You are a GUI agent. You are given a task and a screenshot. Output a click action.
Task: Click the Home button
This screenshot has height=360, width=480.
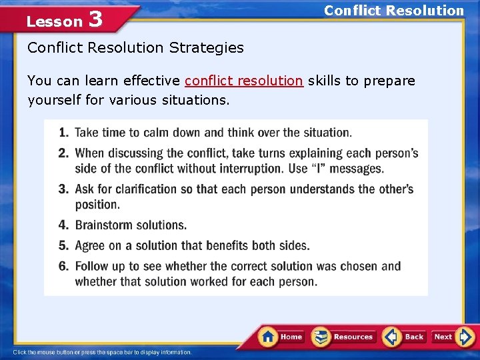click(282, 337)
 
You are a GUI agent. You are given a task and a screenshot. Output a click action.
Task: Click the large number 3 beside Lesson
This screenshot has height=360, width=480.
click(95, 19)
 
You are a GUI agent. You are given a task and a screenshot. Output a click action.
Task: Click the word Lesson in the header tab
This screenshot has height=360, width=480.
click(54, 21)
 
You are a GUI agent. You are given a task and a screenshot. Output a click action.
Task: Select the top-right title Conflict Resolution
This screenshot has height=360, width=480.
click(393, 11)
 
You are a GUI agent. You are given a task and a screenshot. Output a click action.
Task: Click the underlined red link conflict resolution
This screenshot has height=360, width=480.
click(244, 81)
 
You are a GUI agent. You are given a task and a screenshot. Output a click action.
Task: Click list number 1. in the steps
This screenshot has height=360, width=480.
click(63, 133)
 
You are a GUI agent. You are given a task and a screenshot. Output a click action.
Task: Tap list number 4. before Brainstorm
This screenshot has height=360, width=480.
click(63, 225)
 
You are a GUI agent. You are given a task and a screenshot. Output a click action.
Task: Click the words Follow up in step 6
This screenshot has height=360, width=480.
click(99, 266)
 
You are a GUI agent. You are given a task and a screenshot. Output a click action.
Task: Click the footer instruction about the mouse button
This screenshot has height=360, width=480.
click(102, 352)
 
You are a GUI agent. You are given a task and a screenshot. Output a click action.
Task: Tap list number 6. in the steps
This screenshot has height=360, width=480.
click(63, 266)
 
